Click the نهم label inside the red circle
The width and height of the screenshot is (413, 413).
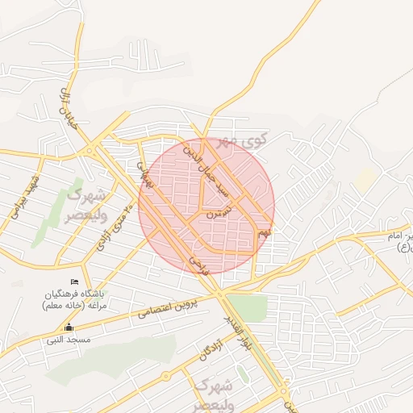[x=264, y=233]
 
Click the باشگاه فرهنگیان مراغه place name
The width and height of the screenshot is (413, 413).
[x=80, y=300]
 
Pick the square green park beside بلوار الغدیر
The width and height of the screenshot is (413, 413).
[x=248, y=308]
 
